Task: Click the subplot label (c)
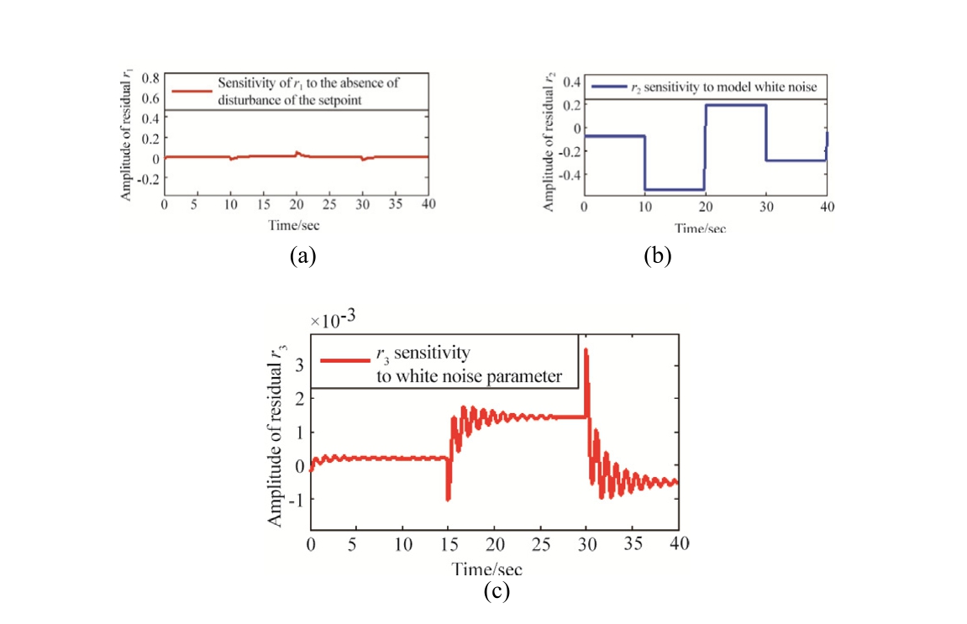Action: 497,591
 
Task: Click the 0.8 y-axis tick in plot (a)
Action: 150,78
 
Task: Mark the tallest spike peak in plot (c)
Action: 585,350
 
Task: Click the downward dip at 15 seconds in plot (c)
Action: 448,499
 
